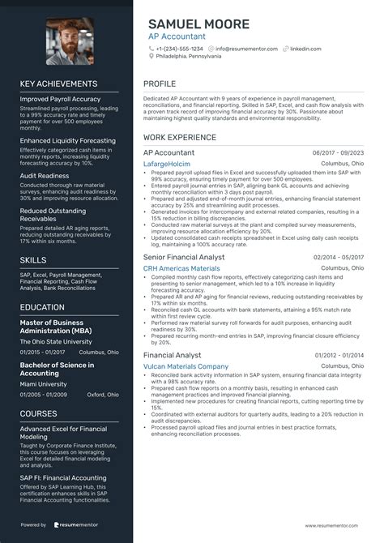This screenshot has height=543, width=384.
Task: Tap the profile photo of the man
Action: [70, 41]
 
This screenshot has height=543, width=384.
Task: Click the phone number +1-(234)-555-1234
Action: [180, 49]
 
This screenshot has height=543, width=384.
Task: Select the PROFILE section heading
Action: [160, 84]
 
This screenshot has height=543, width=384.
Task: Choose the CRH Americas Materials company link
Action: [181, 268]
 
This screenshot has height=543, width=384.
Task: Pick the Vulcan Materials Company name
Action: [186, 366]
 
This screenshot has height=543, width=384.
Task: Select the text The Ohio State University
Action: [55, 342]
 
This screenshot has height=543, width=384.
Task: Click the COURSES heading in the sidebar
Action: [38, 413]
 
